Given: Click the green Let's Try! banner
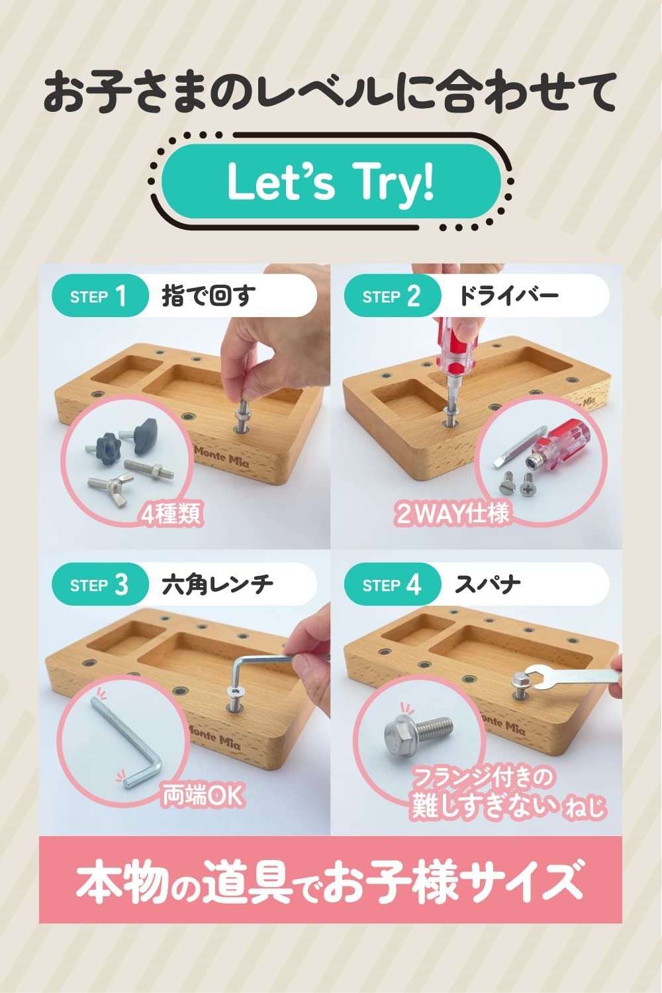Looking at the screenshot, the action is click(x=331, y=181).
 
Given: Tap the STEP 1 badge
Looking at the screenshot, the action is click(x=99, y=296).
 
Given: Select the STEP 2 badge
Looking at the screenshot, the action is click(x=391, y=296).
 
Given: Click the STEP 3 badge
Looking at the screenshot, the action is click(x=99, y=585).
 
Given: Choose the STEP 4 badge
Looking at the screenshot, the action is click(x=391, y=585).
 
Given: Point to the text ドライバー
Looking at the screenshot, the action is click(x=508, y=296).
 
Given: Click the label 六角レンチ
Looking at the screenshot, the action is click(x=217, y=585).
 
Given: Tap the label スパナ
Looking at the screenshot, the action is click(x=487, y=585).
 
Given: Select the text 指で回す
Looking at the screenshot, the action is click(x=209, y=296).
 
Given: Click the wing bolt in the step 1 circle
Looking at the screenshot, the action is click(x=108, y=490).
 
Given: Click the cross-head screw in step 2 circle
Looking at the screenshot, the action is click(x=528, y=485).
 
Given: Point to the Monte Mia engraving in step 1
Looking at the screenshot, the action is click(x=222, y=457).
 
